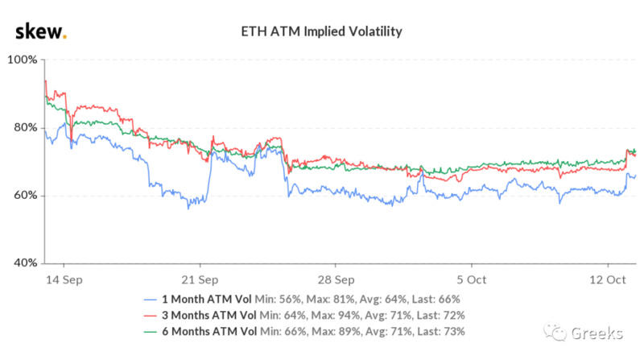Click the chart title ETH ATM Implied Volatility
coord(322,33)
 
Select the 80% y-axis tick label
coord(23,128)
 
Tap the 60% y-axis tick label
coord(23,196)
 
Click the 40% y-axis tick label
coord(23,263)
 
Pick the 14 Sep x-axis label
coord(63,279)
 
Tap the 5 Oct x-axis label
coord(471,279)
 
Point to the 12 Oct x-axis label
coord(606,279)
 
